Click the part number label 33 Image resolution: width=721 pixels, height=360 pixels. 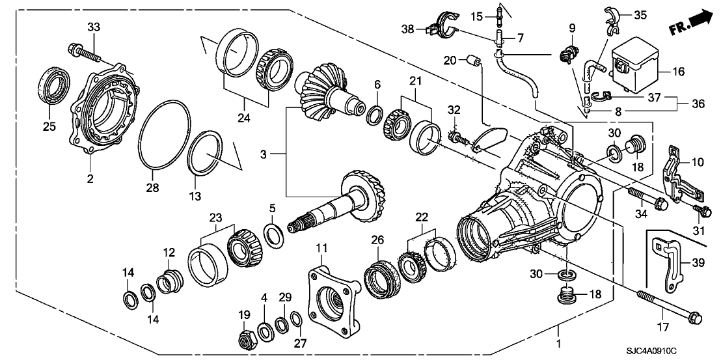pyautogui.click(x=94, y=27)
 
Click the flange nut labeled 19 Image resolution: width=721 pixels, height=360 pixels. pyautogui.click(x=247, y=337)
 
